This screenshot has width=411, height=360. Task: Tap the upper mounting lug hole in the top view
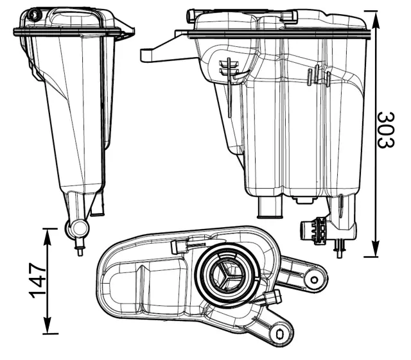tap(314, 279)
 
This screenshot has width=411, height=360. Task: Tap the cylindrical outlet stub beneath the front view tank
tap(269, 207)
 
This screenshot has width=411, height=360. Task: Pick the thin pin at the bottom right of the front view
tap(340, 248)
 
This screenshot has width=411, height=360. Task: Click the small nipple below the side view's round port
tap(80, 247)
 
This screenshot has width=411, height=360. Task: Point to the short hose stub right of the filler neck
tap(273, 297)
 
